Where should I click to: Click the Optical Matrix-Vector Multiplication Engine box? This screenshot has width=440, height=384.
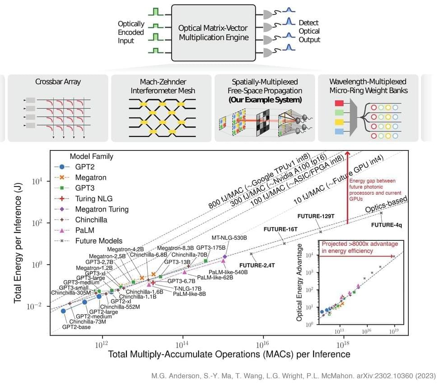214,32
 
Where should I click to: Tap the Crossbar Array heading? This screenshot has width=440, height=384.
58,82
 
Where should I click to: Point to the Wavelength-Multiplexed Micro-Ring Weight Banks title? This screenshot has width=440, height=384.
368,86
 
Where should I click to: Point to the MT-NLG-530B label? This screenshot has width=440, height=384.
229,238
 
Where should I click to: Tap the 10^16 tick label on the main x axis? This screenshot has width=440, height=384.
262,344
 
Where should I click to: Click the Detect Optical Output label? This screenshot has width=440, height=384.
309,31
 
